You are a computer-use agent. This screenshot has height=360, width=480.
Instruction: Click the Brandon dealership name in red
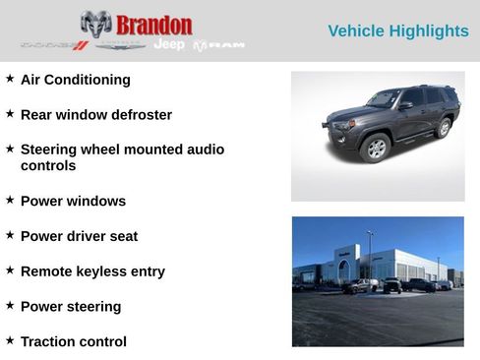click(x=153, y=25)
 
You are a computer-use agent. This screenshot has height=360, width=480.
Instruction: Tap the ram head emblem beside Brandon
click(x=95, y=24)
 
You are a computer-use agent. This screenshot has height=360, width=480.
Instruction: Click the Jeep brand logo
click(x=169, y=45)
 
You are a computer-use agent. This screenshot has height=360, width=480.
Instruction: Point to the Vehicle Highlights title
click(x=397, y=31)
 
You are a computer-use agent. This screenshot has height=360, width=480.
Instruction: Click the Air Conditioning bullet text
click(x=76, y=80)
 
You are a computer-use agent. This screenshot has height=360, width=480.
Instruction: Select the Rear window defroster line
click(x=96, y=115)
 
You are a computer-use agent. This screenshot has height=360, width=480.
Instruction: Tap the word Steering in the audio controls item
click(x=50, y=150)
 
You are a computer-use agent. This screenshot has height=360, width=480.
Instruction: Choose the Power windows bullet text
click(x=73, y=201)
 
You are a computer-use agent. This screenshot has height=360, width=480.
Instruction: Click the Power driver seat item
click(x=79, y=236)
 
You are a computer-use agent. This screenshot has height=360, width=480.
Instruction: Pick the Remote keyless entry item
click(x=92, y=271)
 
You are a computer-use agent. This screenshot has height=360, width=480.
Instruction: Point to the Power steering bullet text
click(x=71, y=307)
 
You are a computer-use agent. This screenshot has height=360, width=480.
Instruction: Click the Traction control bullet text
click(x=74, y=342)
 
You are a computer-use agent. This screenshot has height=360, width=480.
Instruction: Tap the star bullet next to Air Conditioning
click(x=10, y=77)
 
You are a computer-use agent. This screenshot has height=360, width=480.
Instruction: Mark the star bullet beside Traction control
click(x=10, y=339)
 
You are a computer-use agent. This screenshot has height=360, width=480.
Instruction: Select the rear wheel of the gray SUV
click(x=444, y=128)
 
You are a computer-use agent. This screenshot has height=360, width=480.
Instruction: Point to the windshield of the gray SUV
click(x=385, y=99)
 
